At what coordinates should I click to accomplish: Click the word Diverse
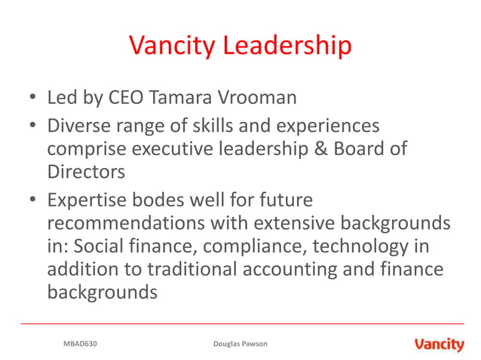click(78, 125)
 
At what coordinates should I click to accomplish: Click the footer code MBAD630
click(80, 344)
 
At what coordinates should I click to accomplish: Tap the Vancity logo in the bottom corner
click(439, 344)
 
